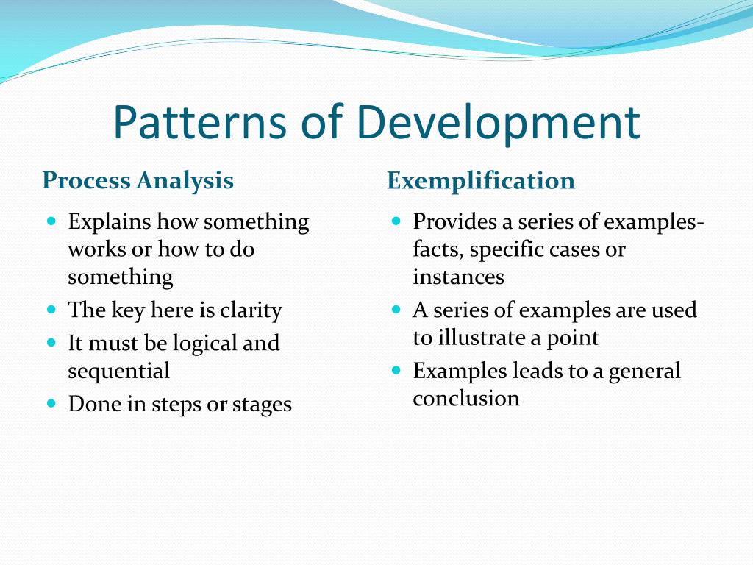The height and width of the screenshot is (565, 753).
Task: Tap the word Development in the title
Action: point(499,123)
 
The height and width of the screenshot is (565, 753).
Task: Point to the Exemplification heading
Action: point(481,180)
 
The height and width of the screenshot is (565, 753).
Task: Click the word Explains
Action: point(110,222)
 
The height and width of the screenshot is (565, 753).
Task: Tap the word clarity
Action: point(251,310)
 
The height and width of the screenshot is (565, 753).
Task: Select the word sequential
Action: point(118,371)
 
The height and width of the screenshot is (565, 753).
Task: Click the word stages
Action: point(262,404)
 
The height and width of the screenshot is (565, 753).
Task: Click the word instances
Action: point(458,277)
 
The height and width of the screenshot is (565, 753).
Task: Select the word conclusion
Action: point(465,399)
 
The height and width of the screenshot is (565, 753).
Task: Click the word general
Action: point(644,371)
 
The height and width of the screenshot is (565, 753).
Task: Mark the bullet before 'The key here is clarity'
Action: point(51,309)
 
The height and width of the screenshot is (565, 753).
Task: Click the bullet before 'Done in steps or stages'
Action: point(51,402)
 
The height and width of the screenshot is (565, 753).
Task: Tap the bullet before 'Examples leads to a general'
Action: point(396,369)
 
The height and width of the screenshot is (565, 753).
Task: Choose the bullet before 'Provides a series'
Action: point(396,221)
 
